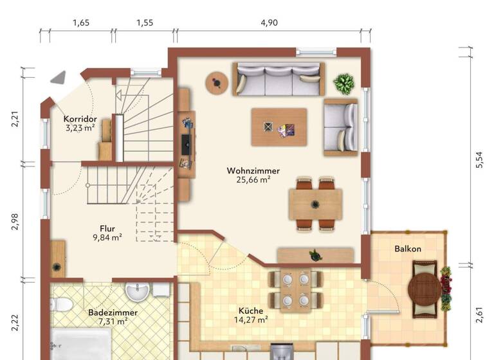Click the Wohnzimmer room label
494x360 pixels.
click(x=253, y=171)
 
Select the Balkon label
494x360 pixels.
click(x=408, y=249)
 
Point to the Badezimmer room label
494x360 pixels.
click(x=113, y=312)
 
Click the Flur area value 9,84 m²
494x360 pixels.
click(x=107, y=237)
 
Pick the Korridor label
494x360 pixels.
click(x=80, y=119)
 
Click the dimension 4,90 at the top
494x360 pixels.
click(x=269, y=22)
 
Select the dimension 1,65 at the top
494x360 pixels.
click(x=80, y=22)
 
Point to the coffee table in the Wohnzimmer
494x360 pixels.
click(x=279, y=127)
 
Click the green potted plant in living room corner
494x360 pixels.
click(x=343, y=83)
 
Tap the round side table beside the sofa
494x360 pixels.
click(x=216, y=82)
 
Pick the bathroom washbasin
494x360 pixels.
click(x=136, y=292)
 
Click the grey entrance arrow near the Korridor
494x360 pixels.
click(x=59, y=77)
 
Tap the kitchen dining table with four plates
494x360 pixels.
click(x=295, y=289)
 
